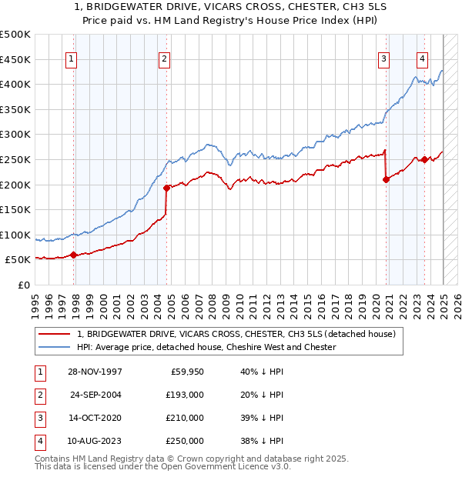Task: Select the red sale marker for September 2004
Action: point(166,187)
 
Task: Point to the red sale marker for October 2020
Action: point(386,179)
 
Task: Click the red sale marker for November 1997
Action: point(74,255)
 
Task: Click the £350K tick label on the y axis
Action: point(15,109)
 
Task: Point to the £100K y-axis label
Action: point(15,235)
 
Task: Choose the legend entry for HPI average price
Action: point(206,347)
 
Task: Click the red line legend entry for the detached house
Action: point(236,334)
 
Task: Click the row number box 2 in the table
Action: point(38,395)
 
